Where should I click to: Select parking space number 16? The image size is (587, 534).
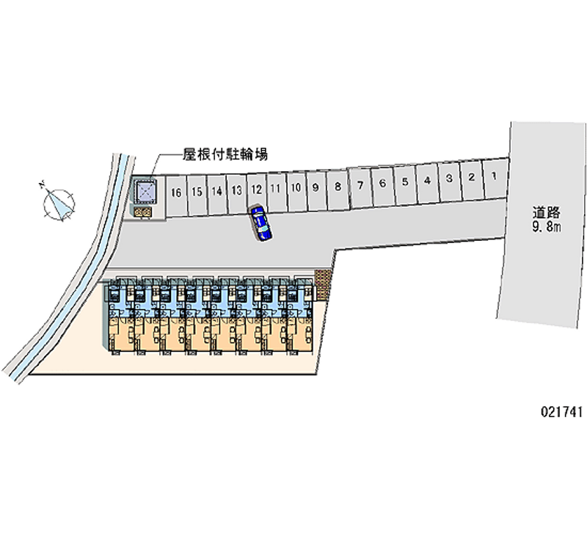[x=175, y=193]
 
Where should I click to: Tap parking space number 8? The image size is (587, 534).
[x=338, y=186]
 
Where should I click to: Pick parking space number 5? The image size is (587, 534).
[x=404, y=181]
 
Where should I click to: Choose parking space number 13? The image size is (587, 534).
[x=236, y=190]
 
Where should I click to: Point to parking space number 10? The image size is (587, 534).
[x=296, y=187]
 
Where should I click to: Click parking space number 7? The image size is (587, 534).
[x=361, y=184]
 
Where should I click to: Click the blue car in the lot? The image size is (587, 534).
[x=260, y=223]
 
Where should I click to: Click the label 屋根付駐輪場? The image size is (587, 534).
[x=225, y=154]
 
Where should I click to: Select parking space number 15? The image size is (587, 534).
[x=197, y=192]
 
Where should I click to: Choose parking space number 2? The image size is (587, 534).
[x=472, y=177]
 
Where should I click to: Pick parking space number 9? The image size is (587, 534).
[x=315, y=187]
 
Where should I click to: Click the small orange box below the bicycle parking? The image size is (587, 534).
[x=143, y=212]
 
